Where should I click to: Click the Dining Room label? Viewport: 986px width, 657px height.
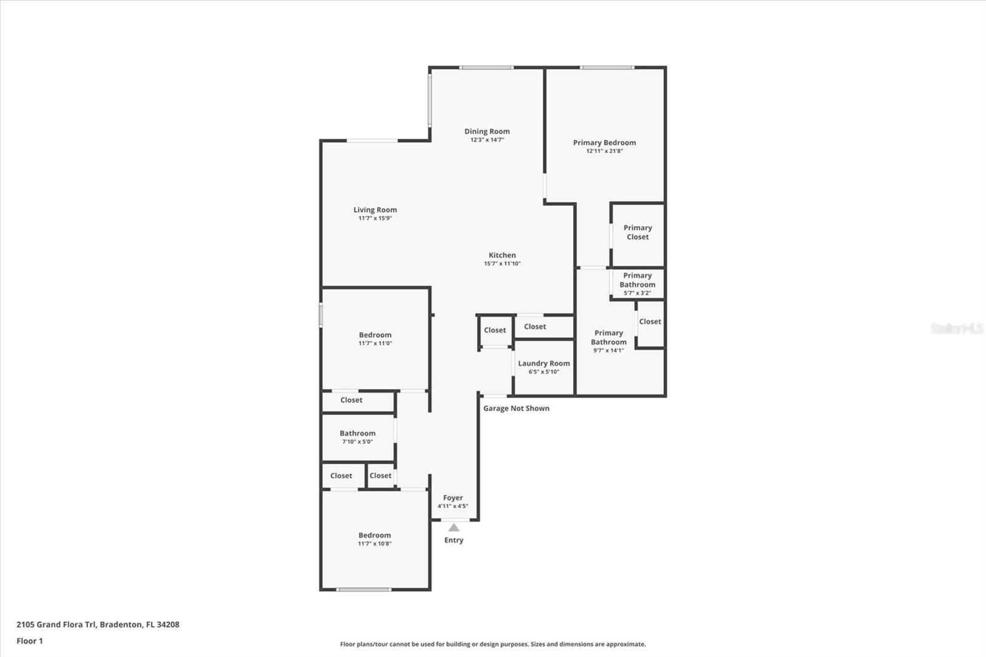coord(487,131)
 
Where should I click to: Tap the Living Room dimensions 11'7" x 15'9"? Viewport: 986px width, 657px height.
coord(375,218)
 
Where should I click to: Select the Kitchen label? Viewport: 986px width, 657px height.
coord(502,255)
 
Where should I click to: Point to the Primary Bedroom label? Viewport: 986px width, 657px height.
coord(604,142)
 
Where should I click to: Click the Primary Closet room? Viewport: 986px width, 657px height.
coord(638,232)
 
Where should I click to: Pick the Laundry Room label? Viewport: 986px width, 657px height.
coord(544,364)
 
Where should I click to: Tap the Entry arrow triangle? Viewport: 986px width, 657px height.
coord(454,528)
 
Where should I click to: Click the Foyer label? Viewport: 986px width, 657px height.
coord(453,498)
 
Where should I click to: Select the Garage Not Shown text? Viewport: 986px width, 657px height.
coord(516,409)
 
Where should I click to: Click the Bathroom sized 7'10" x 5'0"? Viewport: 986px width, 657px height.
coord(357,437)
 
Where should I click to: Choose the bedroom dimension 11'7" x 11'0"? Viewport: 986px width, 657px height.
coord(375,343)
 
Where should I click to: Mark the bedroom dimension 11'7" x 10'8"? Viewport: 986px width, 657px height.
coord(375,544)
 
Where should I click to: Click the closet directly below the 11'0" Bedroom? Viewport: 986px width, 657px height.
coord(351,400)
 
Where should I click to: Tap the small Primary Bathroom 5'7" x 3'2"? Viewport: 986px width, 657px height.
coord(637,284)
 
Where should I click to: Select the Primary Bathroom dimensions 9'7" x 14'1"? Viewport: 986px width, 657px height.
coord(608,350)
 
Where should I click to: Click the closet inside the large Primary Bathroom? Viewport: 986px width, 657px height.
coord(650,322)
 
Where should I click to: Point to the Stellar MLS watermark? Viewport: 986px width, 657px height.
coord(956,328)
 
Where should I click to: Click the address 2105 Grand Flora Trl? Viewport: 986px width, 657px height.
coord(98,624)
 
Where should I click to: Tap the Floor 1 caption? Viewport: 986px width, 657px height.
coord(30,641)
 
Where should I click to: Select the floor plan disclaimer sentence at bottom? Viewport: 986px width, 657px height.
coord(493,644)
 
